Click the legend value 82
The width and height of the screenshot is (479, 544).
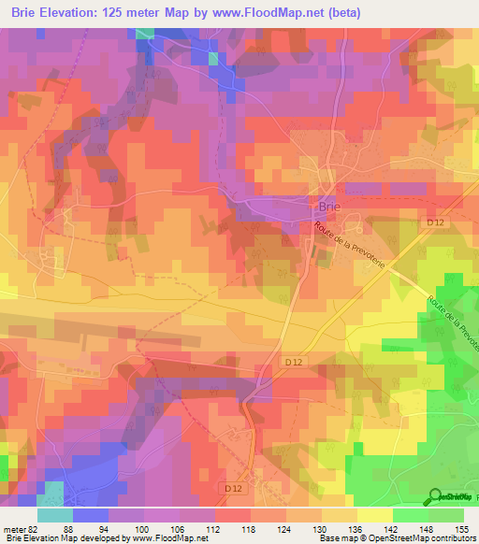tap(34, 527)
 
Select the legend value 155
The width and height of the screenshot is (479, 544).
tap(460, 527)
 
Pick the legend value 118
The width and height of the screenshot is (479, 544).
tap(250, 527)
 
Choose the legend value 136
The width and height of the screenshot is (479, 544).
tap(356, 527)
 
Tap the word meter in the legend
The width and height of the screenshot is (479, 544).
tap(14, 527)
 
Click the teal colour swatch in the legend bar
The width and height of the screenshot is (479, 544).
tap(55, 514)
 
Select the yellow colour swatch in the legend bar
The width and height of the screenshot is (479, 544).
tap(374, 514)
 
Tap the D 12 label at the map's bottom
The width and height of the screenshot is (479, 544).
tap(234, 488)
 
